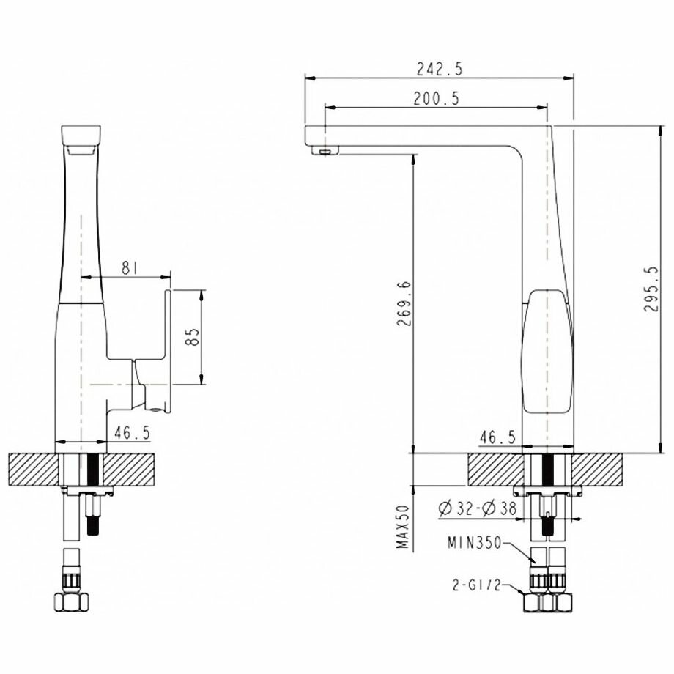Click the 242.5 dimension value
[x=440, y=69]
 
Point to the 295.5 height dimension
[x=651, y=289]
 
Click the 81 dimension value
[x=130, y=268]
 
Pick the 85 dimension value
[x=193, y=337]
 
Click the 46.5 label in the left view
[x=132, y=433]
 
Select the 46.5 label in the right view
[x=497, y=437]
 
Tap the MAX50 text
[x=403, y=527]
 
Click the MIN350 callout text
[x=475, y=544]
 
